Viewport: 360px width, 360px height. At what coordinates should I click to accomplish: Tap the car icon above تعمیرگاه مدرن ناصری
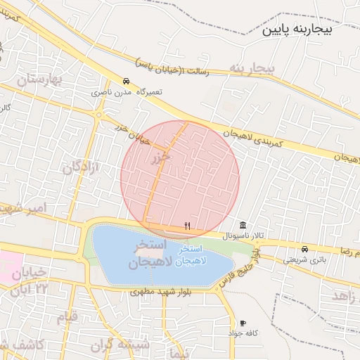pyautogui.click(x=126, y=81)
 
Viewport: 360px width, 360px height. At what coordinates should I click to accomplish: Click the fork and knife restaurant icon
pyautogui.click(x=186, y=226)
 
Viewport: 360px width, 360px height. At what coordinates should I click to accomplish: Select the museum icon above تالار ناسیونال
pyautogui.click(x=243, y=225)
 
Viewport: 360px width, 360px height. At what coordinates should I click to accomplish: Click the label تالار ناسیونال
pyautogui.click(x=243, y=236)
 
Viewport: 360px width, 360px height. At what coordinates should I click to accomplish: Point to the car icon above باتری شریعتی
pyautogui.click(x=304, y=249)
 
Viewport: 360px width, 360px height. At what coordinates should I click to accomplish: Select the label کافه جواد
pyautogui.click(x=243, y=333)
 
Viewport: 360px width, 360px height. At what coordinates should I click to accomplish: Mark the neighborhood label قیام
pyautogui.click(x=67, y=317)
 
